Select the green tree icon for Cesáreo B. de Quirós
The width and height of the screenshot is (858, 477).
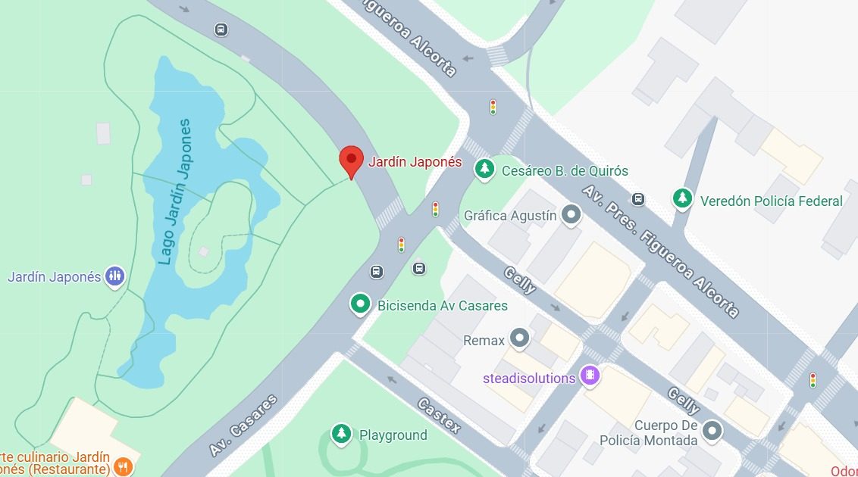pyautogui.click(x=484, y=170)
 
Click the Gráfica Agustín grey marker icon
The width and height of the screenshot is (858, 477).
pyautogui.click(x=571, y=215)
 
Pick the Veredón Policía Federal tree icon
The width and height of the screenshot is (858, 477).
pyautogui.click(x=683, y=199)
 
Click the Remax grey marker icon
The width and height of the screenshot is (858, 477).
pyautogui.click(x=519, y=338)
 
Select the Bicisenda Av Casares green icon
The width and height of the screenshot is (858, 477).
pyautogui.click(x=361, y=304)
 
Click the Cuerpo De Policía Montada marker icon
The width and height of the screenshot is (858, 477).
pyautogui.click(x=712, y=432)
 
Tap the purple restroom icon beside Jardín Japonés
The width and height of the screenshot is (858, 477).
pyautogui.click(x=114, y=276)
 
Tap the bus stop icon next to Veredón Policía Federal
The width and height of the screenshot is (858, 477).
pyautogui.click(x=639, y=199)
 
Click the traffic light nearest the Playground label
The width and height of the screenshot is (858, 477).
pyautogui.click(x=402, y=245)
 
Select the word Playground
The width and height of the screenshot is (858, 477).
pyautogui.click(x=393, y=435)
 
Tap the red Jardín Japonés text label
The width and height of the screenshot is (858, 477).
pyautogui.click(x=415, y=161)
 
